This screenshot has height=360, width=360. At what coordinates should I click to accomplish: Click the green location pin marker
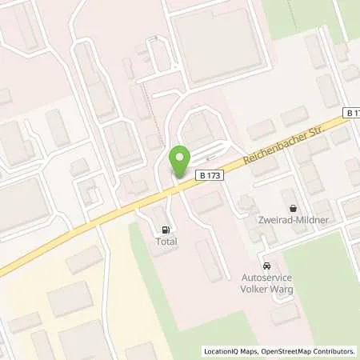tap(181, 162)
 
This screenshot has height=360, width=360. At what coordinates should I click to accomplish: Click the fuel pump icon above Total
tap(166, 227)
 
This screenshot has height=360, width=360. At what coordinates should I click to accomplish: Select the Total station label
tap(166, 241)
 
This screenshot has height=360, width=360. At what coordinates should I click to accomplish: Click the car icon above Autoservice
tap(267, 266)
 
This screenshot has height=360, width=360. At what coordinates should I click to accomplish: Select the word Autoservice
tap(267, 279)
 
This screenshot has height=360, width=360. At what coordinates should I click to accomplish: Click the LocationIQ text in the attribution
tap(221, 351)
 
